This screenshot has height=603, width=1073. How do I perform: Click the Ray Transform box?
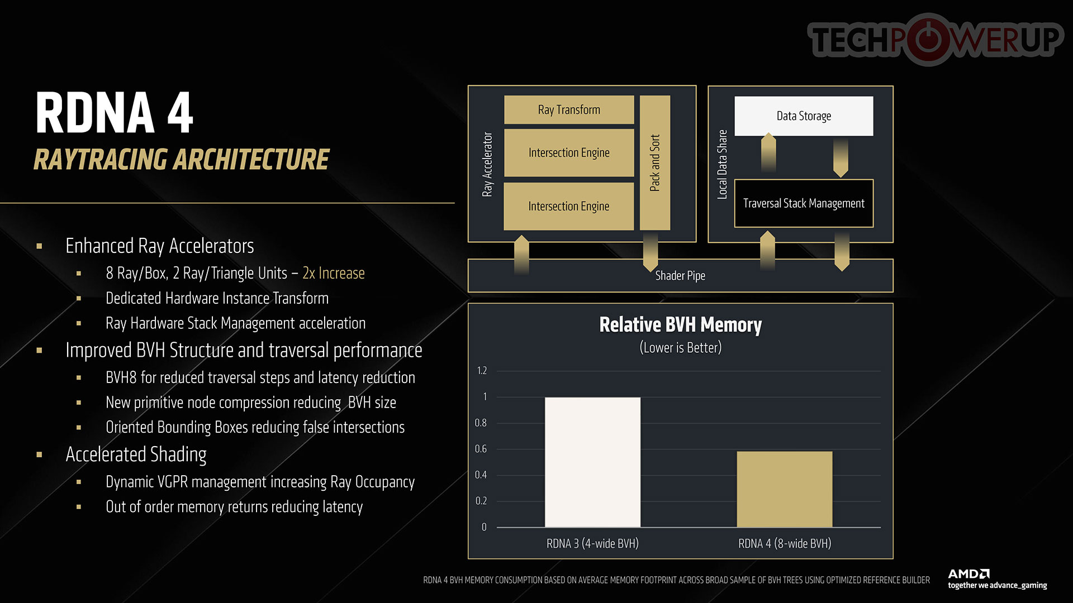pos(569,109)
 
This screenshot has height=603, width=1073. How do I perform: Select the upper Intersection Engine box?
pos(569,152)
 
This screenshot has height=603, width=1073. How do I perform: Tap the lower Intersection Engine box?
pos(569,206)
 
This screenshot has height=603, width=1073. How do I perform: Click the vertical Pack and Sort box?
pos(654,162)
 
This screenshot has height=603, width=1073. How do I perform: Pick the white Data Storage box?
pos(804,116)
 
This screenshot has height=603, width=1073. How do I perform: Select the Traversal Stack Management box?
pos(804,203)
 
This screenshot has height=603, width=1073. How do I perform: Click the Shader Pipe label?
pos(680,276)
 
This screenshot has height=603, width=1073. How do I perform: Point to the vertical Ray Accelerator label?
pos(487,164)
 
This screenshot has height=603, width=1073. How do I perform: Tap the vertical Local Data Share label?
pos(722,164)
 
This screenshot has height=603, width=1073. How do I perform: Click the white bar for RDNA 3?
pos(592,462)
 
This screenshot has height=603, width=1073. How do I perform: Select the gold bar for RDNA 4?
pos(785,489)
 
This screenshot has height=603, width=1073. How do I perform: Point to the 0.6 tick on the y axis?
pos(481,449)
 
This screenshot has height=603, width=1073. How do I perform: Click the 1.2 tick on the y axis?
pos(482,371)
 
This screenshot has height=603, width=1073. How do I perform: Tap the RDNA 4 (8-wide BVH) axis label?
pos(785,543)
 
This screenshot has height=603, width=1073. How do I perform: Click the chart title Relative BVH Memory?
pos(680,324)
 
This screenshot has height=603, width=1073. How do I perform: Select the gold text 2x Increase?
pos(334,273)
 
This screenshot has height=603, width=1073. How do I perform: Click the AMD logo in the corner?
pos(968,573)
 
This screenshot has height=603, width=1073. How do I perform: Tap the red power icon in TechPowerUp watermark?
pos(929,39)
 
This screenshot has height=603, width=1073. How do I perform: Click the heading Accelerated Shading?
pos(136,454)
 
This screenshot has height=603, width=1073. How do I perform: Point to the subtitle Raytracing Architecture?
pos(182,159)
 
